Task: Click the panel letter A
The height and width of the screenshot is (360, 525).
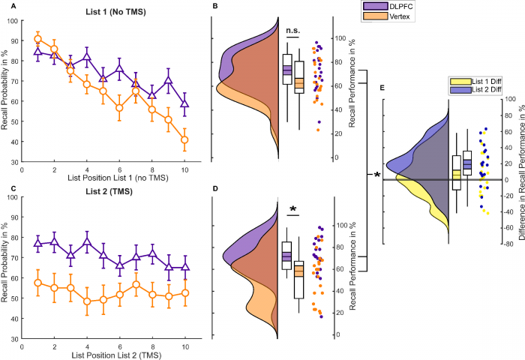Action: click(x=4, y=7)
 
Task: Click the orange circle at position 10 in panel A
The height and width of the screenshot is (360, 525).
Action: click(x=184, y=139)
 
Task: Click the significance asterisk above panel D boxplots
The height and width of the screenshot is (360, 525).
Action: click(x=293, y=211)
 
